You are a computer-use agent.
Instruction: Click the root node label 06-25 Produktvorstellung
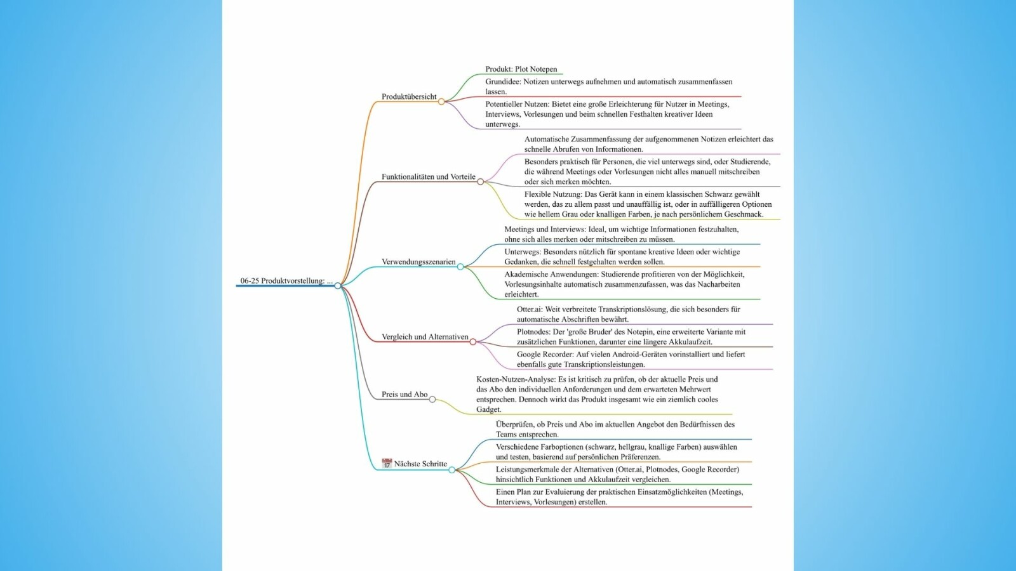pyautogui.click(x=286, y=281)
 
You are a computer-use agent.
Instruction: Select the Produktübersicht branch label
pyautogui.click(x=409, y=96)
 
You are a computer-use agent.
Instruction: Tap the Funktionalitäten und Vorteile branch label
pyautogui.click(x=428, y=177)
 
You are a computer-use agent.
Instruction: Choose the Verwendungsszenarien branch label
pyautogui.click(x=418, y=262)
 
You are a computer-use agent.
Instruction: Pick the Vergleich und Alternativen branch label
pyautogui.click(x=425, y=337)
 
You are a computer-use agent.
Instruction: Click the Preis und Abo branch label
pyautogui.click(x=404, y=394)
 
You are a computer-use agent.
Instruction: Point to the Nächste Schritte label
pyautogui.click(x=420, y=464)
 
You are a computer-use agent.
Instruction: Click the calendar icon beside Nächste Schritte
pyautogui.click(x=387, y=463)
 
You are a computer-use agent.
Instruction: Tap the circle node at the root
pyautogui.click(x=337, y=285)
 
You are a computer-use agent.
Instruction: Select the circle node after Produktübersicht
pyautogui.click(x=441, y=102)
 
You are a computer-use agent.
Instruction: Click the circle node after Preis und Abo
pyautogui.click(x=432, y=399)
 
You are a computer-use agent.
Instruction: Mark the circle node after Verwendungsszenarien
pyautogui.click(x=460, y=267)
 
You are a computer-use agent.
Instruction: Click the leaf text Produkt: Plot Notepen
pyautogui.click(x=521, y=69)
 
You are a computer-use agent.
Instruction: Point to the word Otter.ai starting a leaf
pyautogui.click(x=530, y=310)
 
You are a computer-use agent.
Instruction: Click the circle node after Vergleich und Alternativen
pyautogui.click(x=473, y=342)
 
